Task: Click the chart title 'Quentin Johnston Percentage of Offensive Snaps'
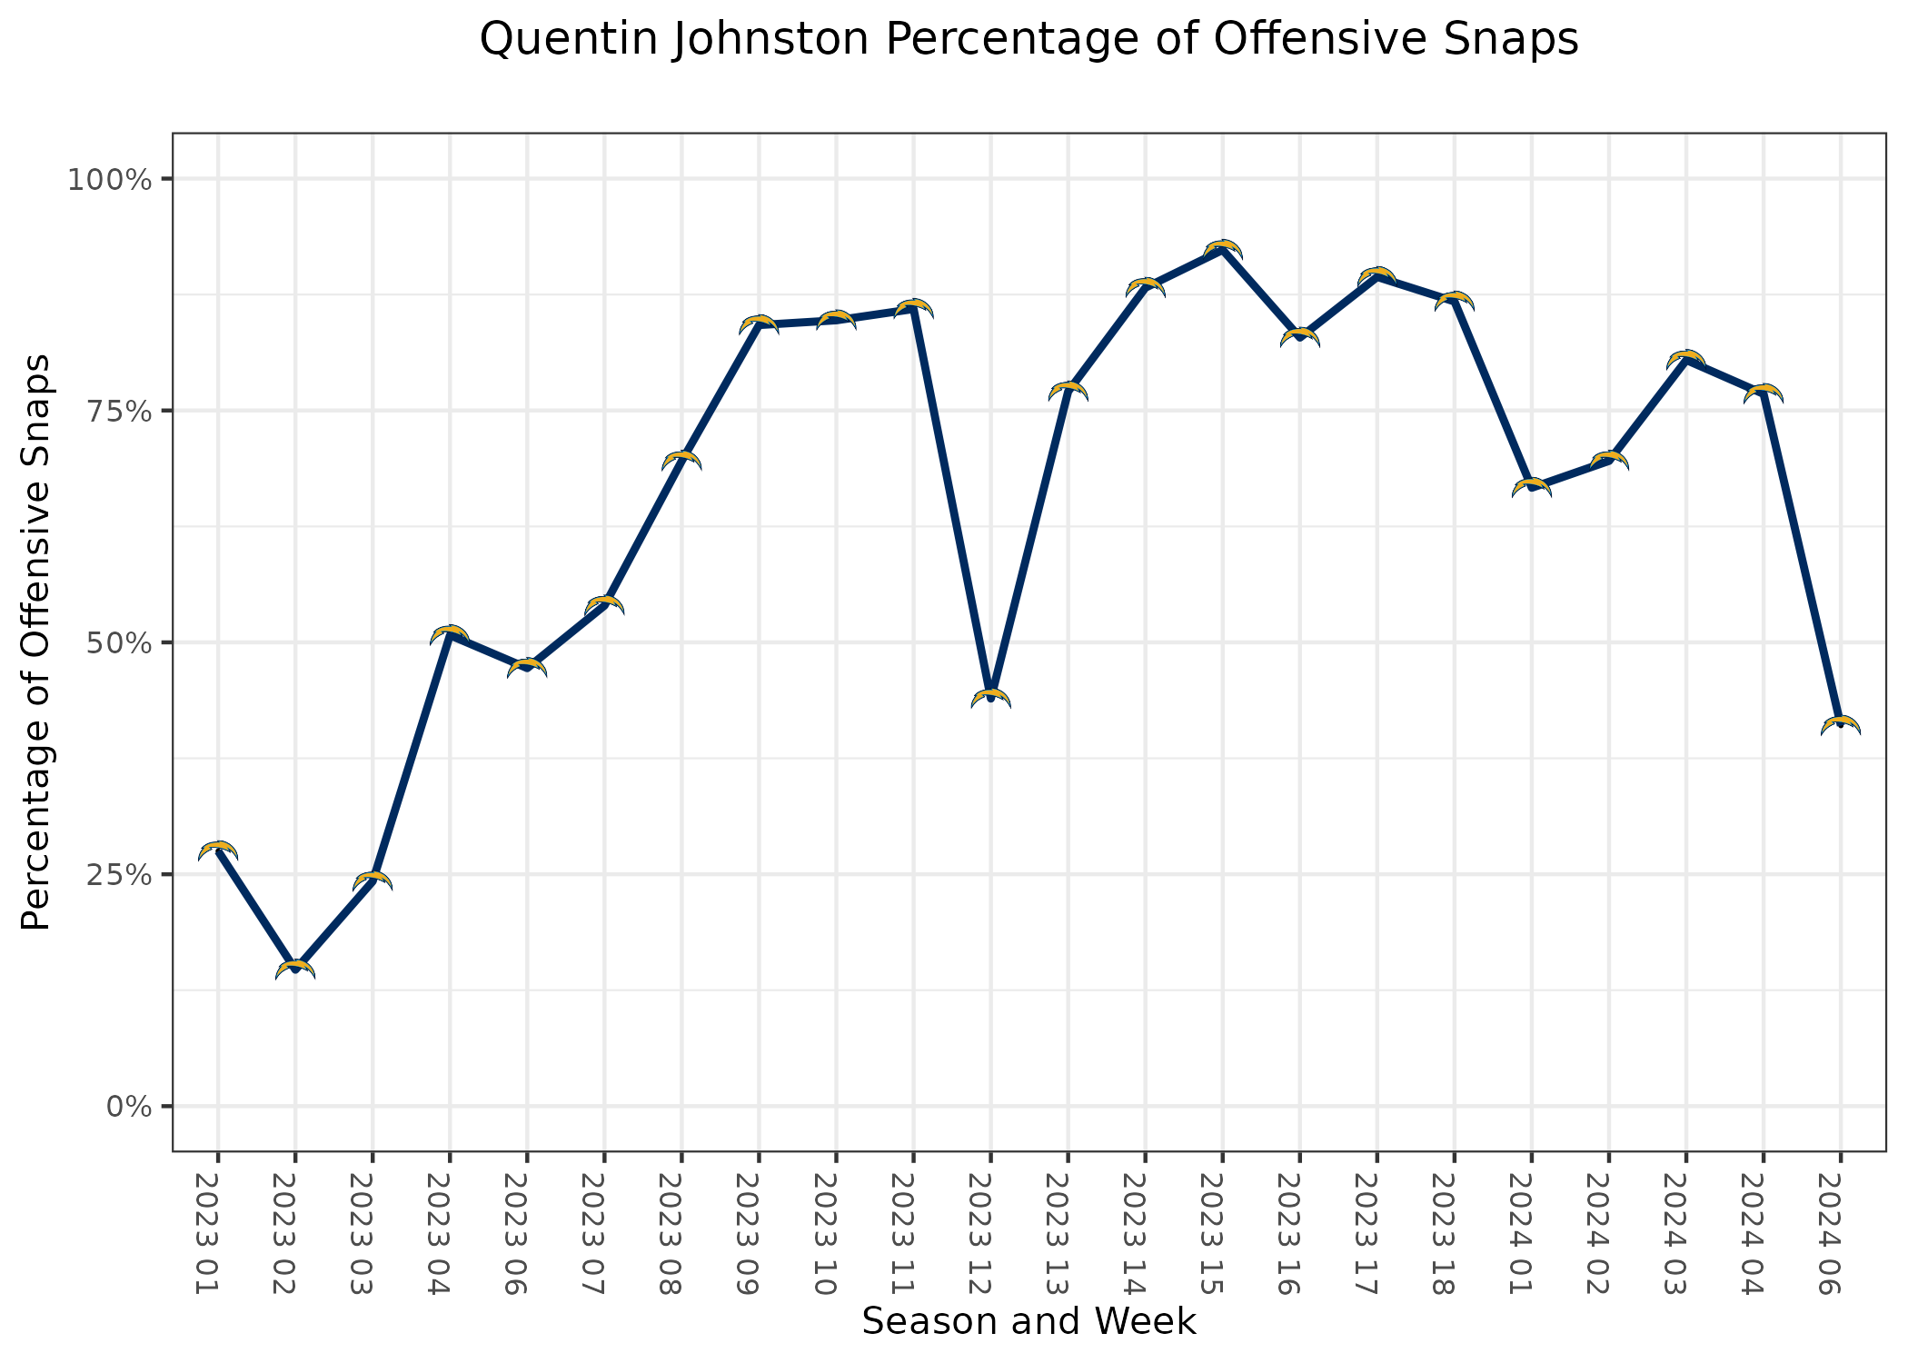click(1029, 40)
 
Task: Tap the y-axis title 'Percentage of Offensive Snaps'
click(36, 642)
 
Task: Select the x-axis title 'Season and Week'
click(1029, 1321)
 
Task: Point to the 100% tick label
click(108, 179)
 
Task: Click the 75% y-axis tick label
click(115, 411)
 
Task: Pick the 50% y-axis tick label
click(115, 642)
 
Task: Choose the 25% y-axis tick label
click(115, 874)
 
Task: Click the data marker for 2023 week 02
click(295, 969)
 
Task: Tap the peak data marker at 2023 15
click(1222, 249)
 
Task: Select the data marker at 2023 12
click(990, 697)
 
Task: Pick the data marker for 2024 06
click(1840, 724)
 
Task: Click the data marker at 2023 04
click(450, 634)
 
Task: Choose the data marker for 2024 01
click(1531, 487)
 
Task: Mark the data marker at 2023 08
click(681, 460)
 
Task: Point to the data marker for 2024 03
click(1685, 359)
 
